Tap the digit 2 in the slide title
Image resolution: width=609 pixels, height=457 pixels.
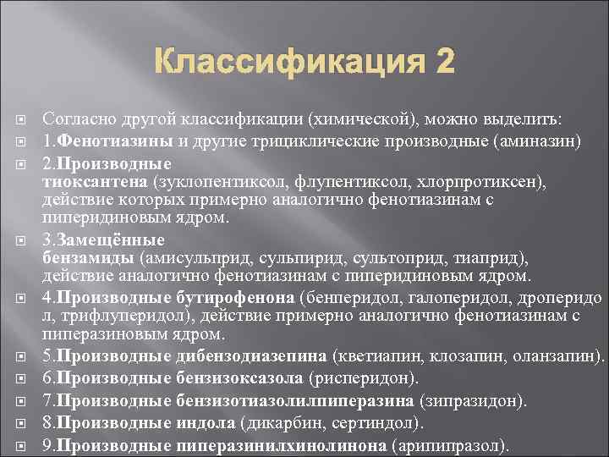(x=443, y=62)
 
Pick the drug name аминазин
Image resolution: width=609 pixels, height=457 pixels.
(x=540, y=140)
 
